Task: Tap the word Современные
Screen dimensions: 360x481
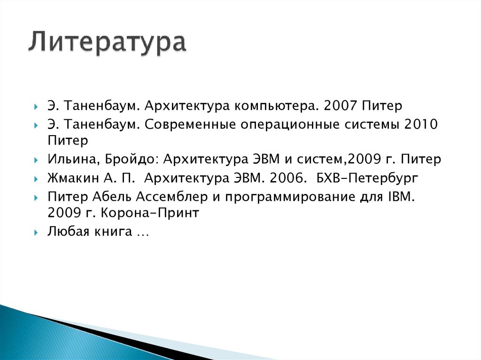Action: [191, 125]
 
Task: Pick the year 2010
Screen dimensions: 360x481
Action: [421, 125]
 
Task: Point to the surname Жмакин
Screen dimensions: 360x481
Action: [70, 178]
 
